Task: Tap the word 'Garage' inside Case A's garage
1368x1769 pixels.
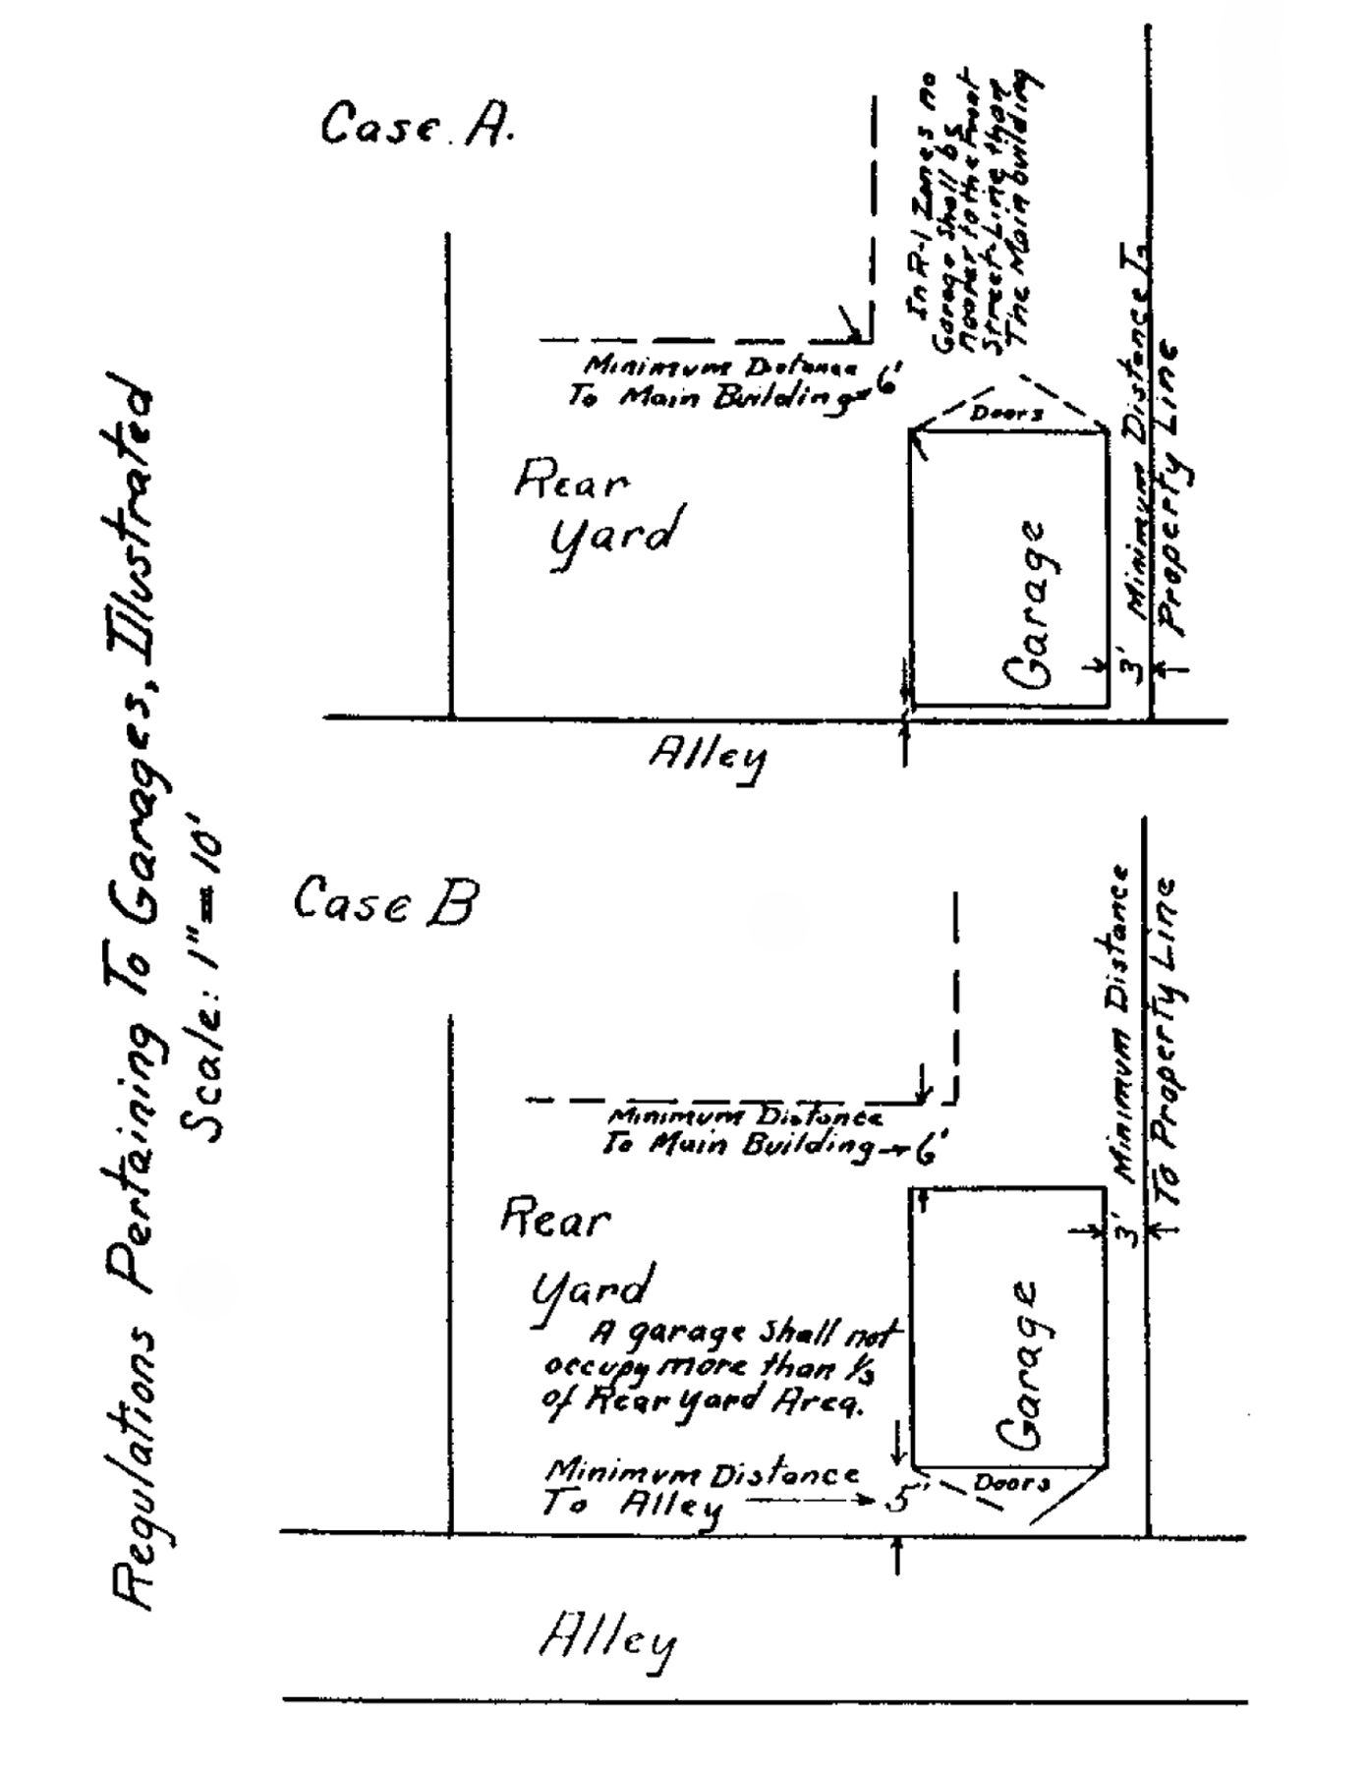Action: [x=1028, y=603]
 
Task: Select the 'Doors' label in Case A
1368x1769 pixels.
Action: [x=1006, y=414]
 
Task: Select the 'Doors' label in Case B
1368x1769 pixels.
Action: [x=1011, y=1482]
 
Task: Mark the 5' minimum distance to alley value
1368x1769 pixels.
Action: [x=898, y=1501]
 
